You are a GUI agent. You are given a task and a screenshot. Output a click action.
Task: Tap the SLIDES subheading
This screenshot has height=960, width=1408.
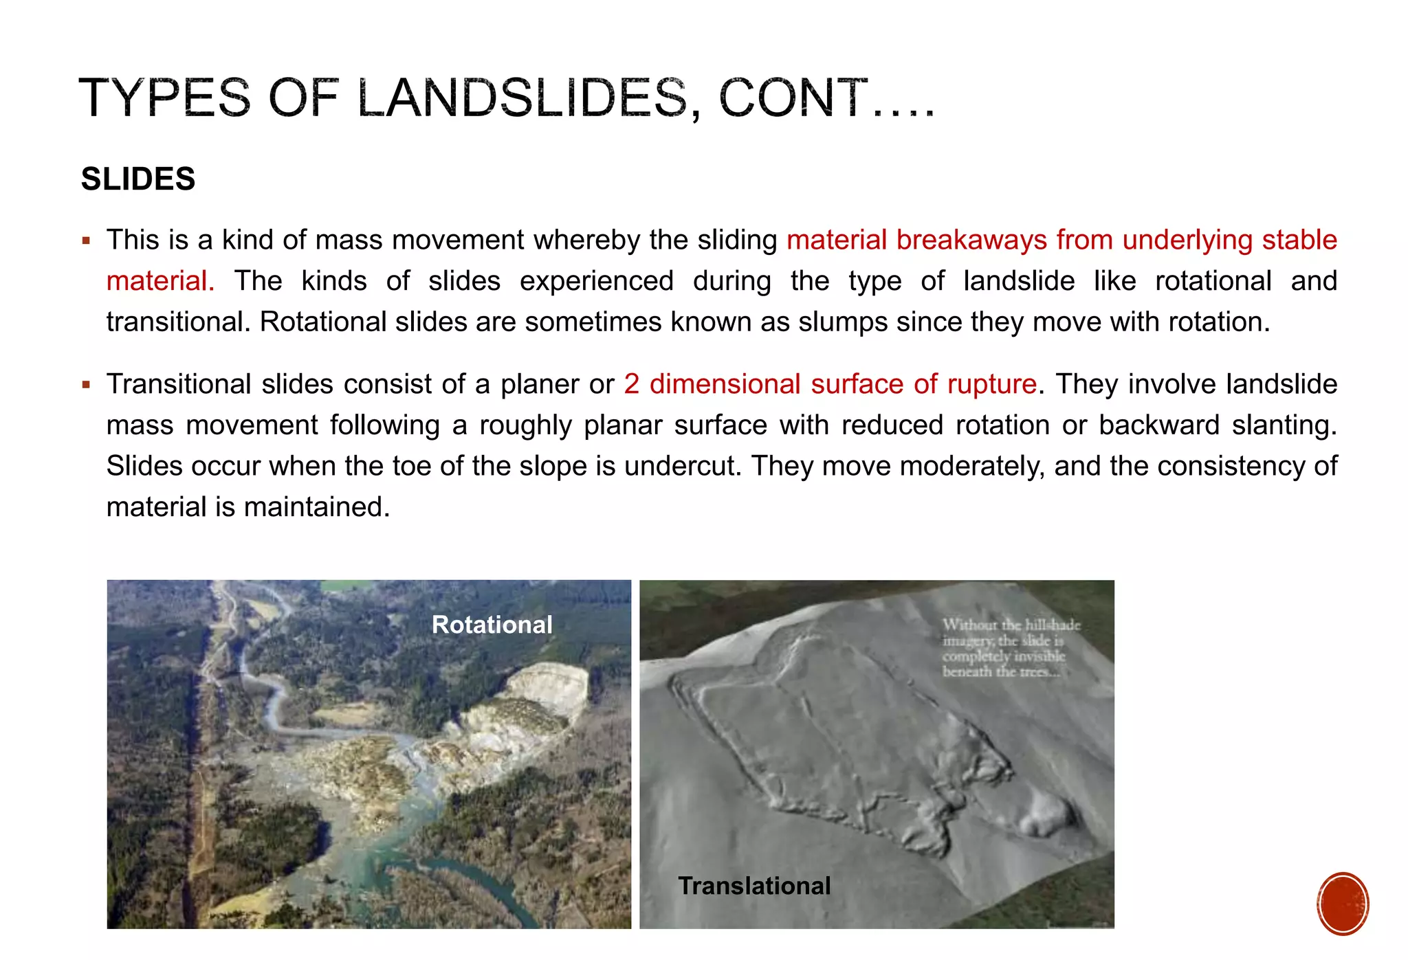coord(138,179)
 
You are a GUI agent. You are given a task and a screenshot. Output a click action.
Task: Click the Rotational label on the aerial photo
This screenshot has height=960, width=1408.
coord(492,625)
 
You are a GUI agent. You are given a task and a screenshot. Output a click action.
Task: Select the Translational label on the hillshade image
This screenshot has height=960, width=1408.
coord(754,886)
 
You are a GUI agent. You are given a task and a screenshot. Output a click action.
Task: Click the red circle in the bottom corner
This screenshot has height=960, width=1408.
coord(1343,904)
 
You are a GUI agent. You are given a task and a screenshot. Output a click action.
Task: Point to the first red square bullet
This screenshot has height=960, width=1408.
coord(86,241)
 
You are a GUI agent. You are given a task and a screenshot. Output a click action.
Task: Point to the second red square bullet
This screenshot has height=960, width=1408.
coord(86,385)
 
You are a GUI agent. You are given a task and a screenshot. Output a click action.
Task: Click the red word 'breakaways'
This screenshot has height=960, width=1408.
coord(971,240)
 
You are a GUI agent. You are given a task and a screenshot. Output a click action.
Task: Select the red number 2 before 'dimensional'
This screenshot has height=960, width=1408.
coord(631,384)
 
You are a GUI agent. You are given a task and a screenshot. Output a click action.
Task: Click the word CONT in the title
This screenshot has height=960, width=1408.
coord(793,98)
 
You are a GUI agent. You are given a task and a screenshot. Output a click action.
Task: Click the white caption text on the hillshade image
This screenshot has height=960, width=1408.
coord(1011,648)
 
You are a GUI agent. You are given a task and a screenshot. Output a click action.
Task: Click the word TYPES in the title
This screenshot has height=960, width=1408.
coord(165,98)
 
